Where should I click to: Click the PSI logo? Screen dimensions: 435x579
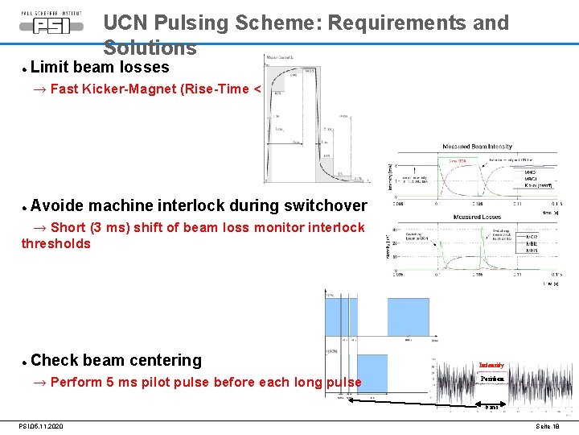click(51, 23)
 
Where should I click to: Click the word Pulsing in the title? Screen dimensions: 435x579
click(191, 23)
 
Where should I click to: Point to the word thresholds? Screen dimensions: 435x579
click(55, 243)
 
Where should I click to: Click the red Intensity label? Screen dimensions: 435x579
click(491, 365)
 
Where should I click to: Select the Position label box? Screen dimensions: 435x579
click(491, 378)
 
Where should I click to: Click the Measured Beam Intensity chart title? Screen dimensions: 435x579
click(477, 147)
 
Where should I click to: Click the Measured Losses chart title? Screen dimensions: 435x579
click(478, 217)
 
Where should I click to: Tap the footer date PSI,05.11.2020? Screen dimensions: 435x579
click(41, 426)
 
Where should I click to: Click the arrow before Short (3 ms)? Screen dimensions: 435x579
click(39, 228)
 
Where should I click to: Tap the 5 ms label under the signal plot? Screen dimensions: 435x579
click(491, 408)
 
